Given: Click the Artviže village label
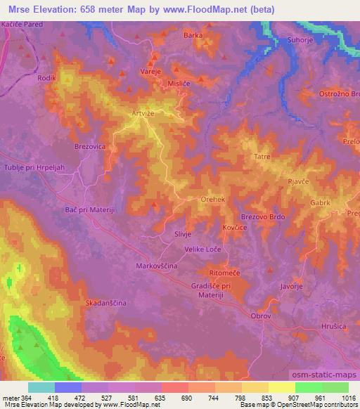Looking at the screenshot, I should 142,112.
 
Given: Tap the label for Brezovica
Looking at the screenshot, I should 90,146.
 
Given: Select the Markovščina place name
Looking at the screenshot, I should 156,266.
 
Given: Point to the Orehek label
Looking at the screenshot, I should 213,200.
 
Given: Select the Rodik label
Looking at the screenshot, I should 46,78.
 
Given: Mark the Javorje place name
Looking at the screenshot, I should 291,287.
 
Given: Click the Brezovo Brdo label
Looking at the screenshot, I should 263,218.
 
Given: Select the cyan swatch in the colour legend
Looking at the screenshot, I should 41,387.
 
